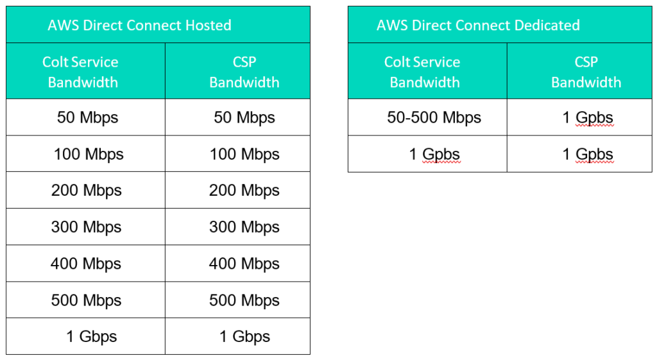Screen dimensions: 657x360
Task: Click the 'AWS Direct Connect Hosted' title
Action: click(139, 25)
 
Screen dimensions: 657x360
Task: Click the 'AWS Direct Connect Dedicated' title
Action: click(478, 25)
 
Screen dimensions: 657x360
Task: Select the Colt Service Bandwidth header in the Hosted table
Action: click(81, 72)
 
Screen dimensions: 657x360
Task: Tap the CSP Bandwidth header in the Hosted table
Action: click(244, 72)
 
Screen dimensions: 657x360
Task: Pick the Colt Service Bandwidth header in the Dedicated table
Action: click(423, 72)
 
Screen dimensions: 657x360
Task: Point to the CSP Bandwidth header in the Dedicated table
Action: click(586, 72)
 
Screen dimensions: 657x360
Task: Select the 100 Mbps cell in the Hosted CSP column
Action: click(244, 154)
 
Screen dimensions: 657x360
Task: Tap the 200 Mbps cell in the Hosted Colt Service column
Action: click(87, 191)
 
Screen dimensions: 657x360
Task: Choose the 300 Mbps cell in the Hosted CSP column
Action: click(244, 227)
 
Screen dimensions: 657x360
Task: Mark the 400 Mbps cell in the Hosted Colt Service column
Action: click(86, 264)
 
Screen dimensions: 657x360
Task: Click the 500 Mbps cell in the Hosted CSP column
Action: click(244, 300)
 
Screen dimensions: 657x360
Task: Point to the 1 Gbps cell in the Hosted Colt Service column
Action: click(91, 336)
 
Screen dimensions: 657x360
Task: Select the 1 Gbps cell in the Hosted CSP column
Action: click(244, 336)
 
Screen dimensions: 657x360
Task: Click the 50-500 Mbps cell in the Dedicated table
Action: click(434, 118)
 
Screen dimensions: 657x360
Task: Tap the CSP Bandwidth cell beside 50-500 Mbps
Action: click(588, 118)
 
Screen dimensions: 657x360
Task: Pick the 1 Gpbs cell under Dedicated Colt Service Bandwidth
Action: click(434, 154)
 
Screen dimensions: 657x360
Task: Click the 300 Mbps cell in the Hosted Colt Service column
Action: click(87, 227)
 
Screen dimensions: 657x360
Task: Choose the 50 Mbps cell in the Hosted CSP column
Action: click(244, 118)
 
